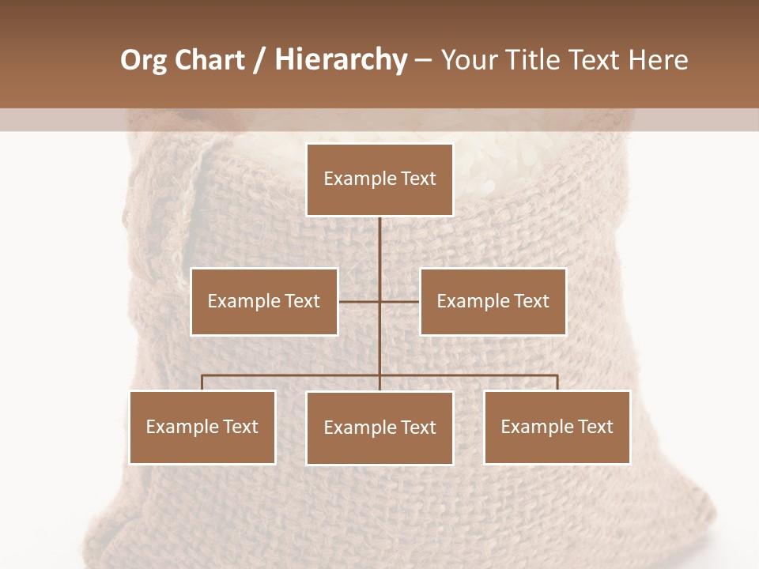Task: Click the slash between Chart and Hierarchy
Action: pyautogui.click(x=259, y=60)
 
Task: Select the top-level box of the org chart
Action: pyautogui.click(x=379, y=179)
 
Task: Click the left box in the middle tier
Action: pyautogui.click(x=264, y=302)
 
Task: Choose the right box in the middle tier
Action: pyautogui.click(x=493, y=302)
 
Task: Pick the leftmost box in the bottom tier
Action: pyautogui.click(x=202, y=428)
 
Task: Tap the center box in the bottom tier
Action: pyautogui.click(x=379, y=428)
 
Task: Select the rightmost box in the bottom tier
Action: pyautogui.click(x=557, y=428)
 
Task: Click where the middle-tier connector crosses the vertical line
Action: pyautogui.click(x=379, y=302)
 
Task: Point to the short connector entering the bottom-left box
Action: pyautogui.click(x=202, y=382)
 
